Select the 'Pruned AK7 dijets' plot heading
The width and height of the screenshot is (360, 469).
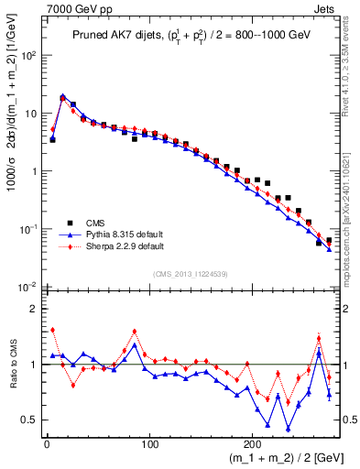tap(111, 36)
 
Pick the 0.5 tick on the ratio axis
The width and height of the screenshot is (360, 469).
tap(28, 420)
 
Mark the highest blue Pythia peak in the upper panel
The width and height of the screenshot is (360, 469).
tap(62, 96)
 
